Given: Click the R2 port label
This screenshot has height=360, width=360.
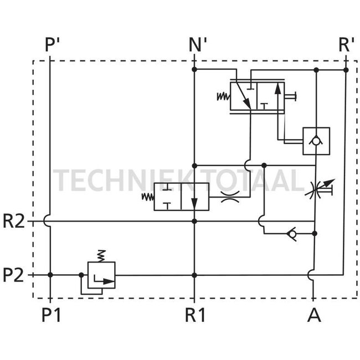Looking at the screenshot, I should (x=14, y=222).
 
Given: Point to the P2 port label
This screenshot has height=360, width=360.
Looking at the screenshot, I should (x=14, y=275).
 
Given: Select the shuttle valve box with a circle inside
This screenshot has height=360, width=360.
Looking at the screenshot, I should (x=316, y=141).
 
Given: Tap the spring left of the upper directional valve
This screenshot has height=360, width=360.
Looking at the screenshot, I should (x=222, y=96).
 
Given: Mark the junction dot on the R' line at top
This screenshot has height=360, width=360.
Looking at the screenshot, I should (x=346, y=70).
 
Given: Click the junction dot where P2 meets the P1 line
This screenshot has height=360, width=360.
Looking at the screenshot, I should (x=50, y=275).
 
